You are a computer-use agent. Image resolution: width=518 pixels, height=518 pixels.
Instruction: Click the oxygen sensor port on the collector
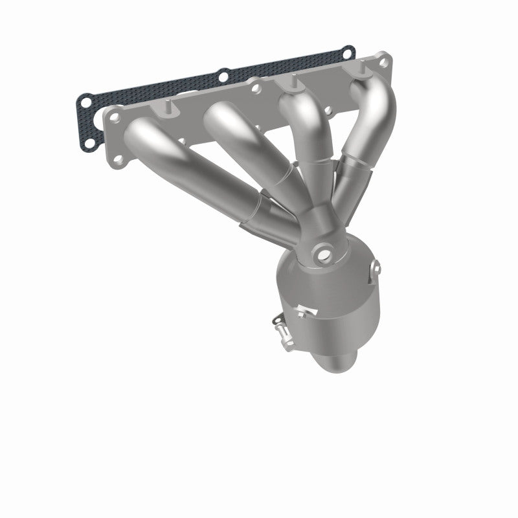tap(322, 254)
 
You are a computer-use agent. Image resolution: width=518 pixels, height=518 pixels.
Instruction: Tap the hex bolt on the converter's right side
tap(376, 267)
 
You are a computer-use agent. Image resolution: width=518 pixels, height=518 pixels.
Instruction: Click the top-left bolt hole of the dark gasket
tap(84, 100)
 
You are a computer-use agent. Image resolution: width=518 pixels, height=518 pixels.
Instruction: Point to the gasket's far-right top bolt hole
tap(348, 51)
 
